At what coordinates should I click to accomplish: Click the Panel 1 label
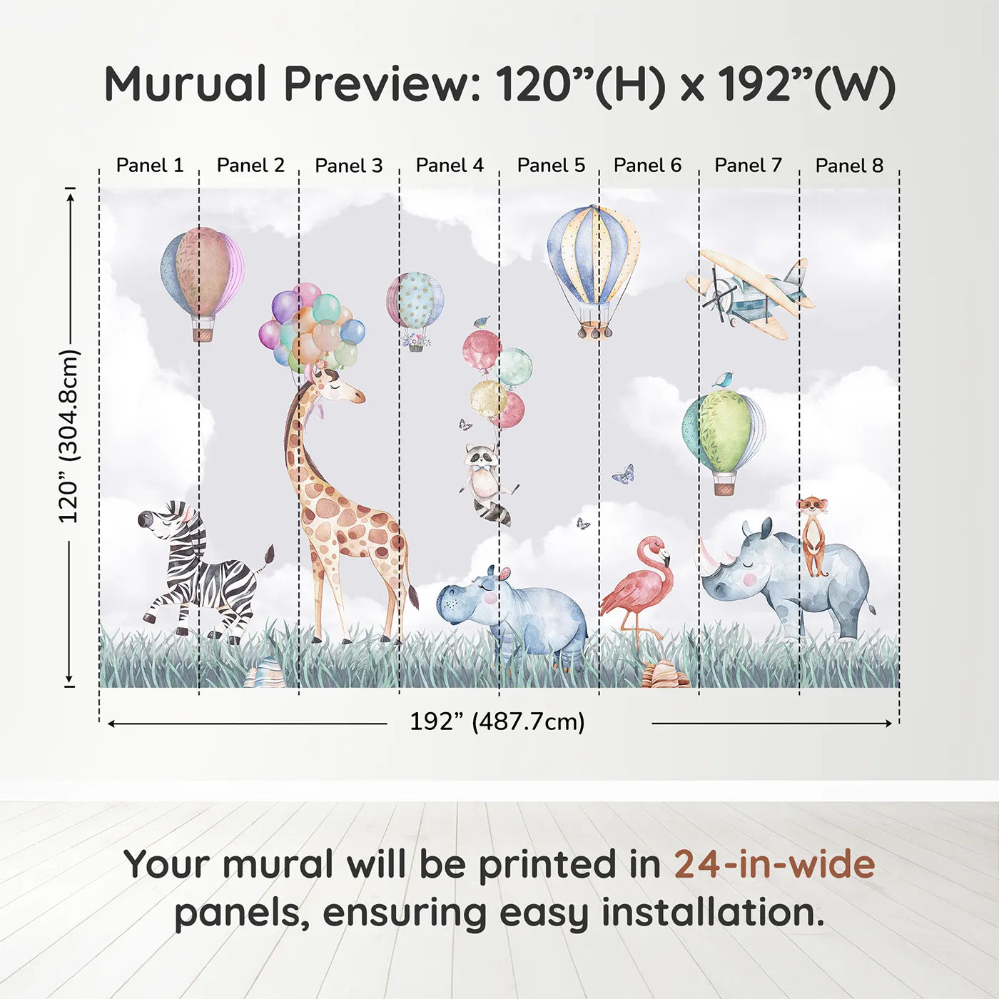click(x=150, y=166)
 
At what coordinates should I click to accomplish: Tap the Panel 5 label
click(x=551, y=166)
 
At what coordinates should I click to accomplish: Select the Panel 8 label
click(x=849, y=166)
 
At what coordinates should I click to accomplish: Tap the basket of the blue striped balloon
click(x=594, y=329)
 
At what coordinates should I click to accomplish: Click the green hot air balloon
click(x=724, y=432)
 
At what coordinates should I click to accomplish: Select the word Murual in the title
click(x=186, y=84)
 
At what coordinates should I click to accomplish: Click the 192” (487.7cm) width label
click(x=497, y=721)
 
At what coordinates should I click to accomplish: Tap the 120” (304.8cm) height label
click(x=69, y=435)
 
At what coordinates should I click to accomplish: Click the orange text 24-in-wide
click(x=774, y=864)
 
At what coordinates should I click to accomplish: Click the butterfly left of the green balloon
click(x=624, y=474)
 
